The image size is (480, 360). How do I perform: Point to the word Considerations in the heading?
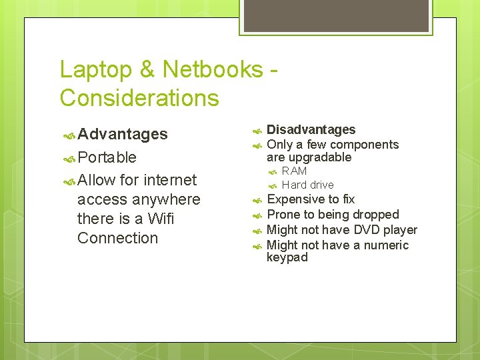pyautogui.click(x=139, y=98)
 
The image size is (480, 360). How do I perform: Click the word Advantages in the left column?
pyautogui.click(x=122, y=134)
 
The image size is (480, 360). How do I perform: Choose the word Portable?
pyautogui.click(x=107, y=157)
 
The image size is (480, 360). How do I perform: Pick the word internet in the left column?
pyautogui.click(x=171, y=180)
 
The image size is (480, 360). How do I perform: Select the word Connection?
pyautogui.click(x=118, y=238)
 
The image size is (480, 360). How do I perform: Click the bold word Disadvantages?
pyautogui.click(x=311, y=129)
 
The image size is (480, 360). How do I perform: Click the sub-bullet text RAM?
pyautogui.click(x=294, y=171)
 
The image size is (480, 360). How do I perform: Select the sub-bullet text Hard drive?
pyautogui.click(x=307, y=185)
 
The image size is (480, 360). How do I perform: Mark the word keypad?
pyautogui.click(x=287, y=257)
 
